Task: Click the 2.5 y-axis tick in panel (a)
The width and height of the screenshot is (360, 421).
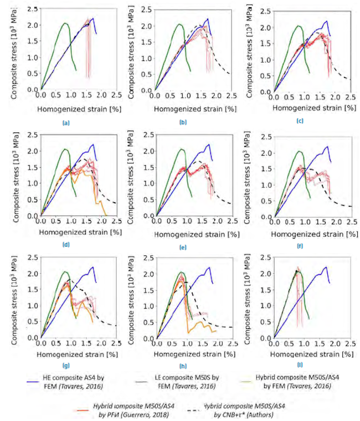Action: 34,9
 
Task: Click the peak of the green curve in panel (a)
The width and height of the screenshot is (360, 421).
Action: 65,23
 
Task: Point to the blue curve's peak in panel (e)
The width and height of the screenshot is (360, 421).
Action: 207,145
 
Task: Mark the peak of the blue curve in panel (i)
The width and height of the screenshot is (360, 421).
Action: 326,267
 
